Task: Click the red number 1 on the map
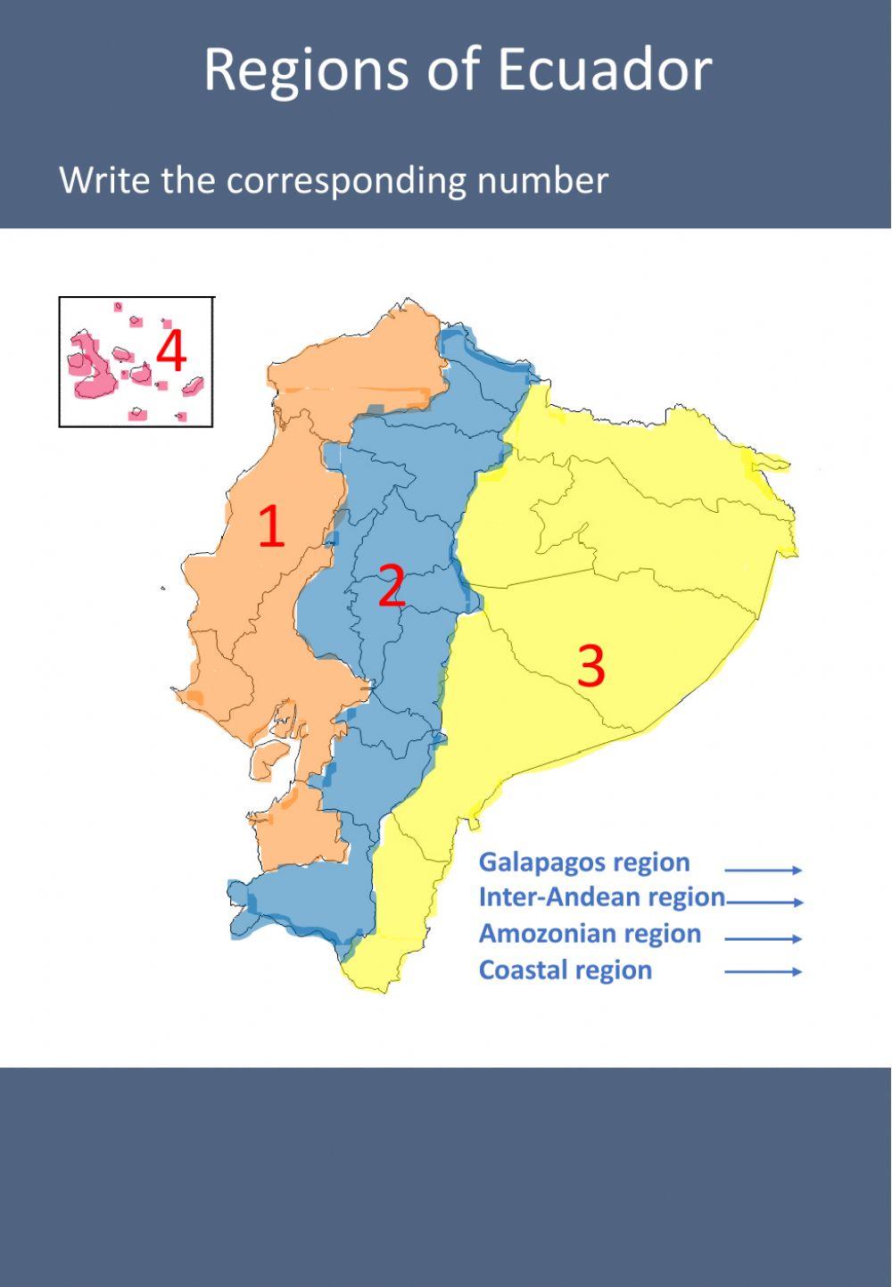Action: click(271, 526)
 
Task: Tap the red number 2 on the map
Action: click(392, 586)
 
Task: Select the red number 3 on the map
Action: click(591, 665)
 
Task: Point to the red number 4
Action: click(171, 351)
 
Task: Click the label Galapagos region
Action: click(584, 862)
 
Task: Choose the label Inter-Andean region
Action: click(601, 897)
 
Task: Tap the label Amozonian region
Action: click(590, 934)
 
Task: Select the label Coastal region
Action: click(565, 970)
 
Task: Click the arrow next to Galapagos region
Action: click(763, 870)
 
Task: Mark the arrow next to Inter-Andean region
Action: click(765, 903)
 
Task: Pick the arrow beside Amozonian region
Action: click(763, 938)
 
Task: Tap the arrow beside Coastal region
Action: click(763, 971)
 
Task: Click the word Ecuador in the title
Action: click(605, 70)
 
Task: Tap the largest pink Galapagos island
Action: click(89, 367)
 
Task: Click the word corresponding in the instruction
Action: click(347, 182)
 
